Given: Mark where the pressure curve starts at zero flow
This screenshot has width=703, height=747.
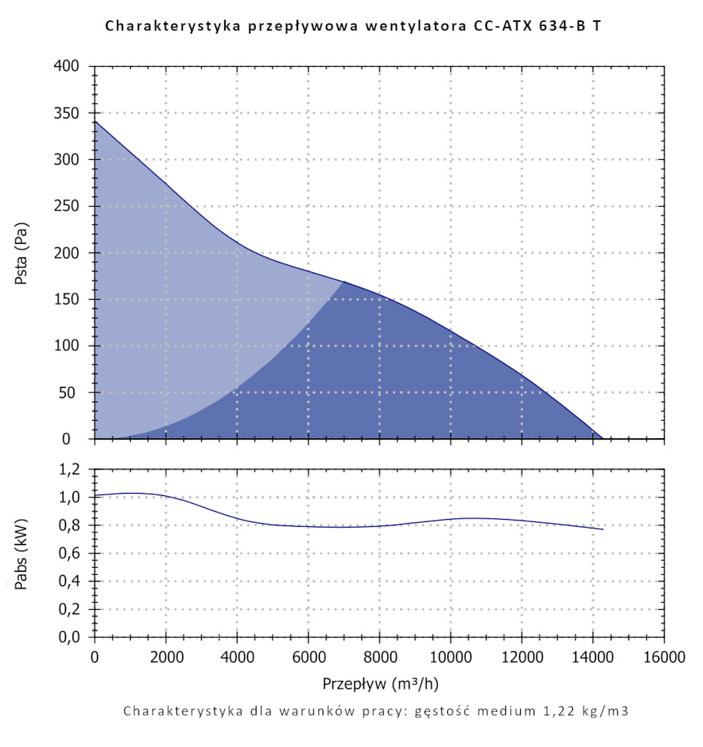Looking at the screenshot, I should [95, 122].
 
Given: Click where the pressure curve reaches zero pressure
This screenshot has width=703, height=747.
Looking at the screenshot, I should [603, 438].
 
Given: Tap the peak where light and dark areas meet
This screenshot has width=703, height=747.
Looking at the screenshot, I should [344, 281].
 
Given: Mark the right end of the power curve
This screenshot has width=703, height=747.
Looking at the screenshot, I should [603, 529].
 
